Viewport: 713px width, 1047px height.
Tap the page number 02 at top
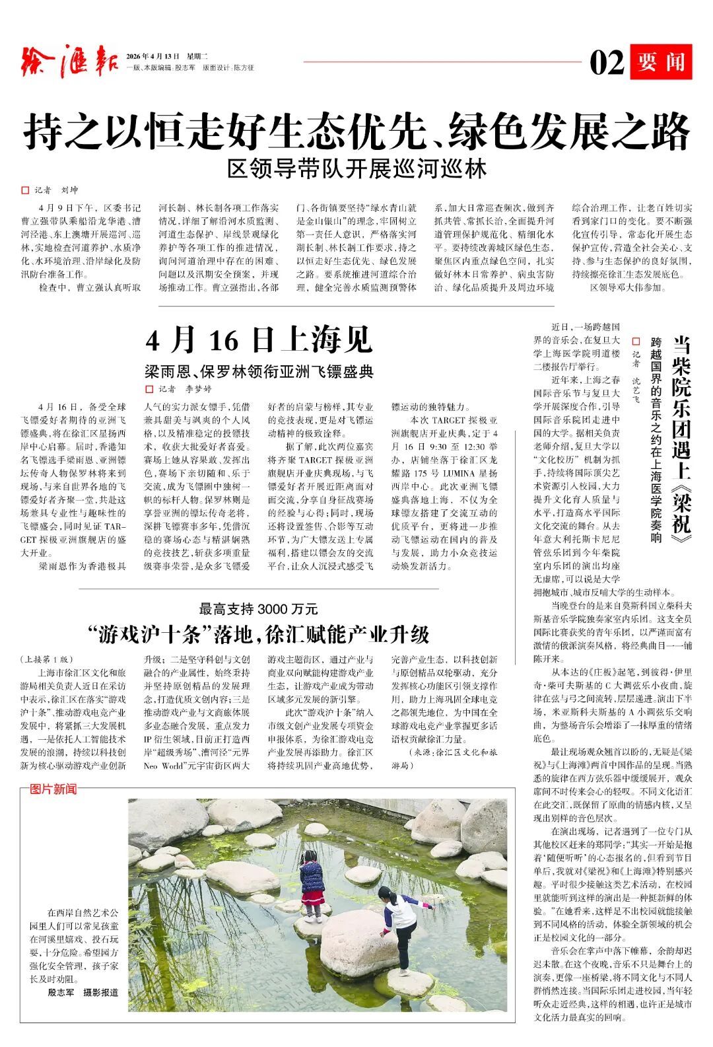click(x=606, y=63)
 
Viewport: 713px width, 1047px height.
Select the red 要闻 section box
click(x=660, y=62)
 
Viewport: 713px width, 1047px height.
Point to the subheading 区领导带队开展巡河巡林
click(x=356, y=169)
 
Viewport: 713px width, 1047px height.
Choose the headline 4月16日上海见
click(x=259, y=340)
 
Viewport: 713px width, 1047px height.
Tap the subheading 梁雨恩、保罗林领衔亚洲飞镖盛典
click(x=259, y=371)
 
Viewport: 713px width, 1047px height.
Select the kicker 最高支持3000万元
click(x=259, y=608)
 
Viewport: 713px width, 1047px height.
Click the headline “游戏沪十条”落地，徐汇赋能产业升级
click(x=259, y=635)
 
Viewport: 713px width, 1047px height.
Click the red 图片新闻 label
click(x=53, y=789)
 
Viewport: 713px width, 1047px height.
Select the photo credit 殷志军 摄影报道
click(x=83, y=992)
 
